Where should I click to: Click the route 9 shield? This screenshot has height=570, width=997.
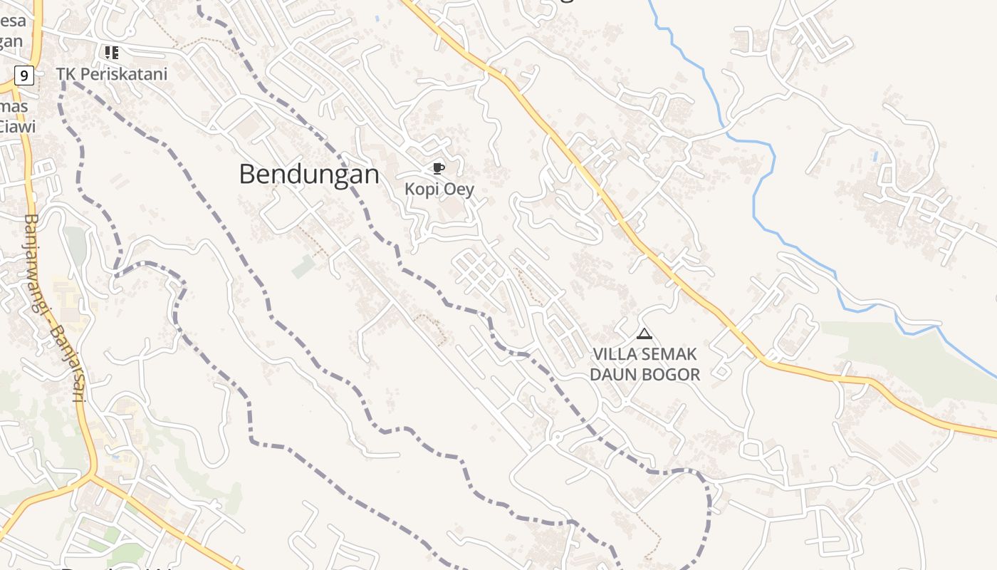tap(24, 74)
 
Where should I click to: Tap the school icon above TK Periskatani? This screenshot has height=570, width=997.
tap(111, 52)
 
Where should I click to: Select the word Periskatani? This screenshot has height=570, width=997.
tap(123, 73)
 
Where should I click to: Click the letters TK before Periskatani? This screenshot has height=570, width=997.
tap(66, 73)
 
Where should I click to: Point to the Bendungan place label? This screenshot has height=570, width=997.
tap(308, 174)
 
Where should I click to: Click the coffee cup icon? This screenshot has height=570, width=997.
tap(438, 169)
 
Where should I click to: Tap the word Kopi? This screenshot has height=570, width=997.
tap(422, 190)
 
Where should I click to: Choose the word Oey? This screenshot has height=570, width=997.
tap(459, 190)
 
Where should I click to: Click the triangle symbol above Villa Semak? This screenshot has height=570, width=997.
tap(644, 333)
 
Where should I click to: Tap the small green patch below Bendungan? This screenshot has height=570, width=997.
tap(303, 266)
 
